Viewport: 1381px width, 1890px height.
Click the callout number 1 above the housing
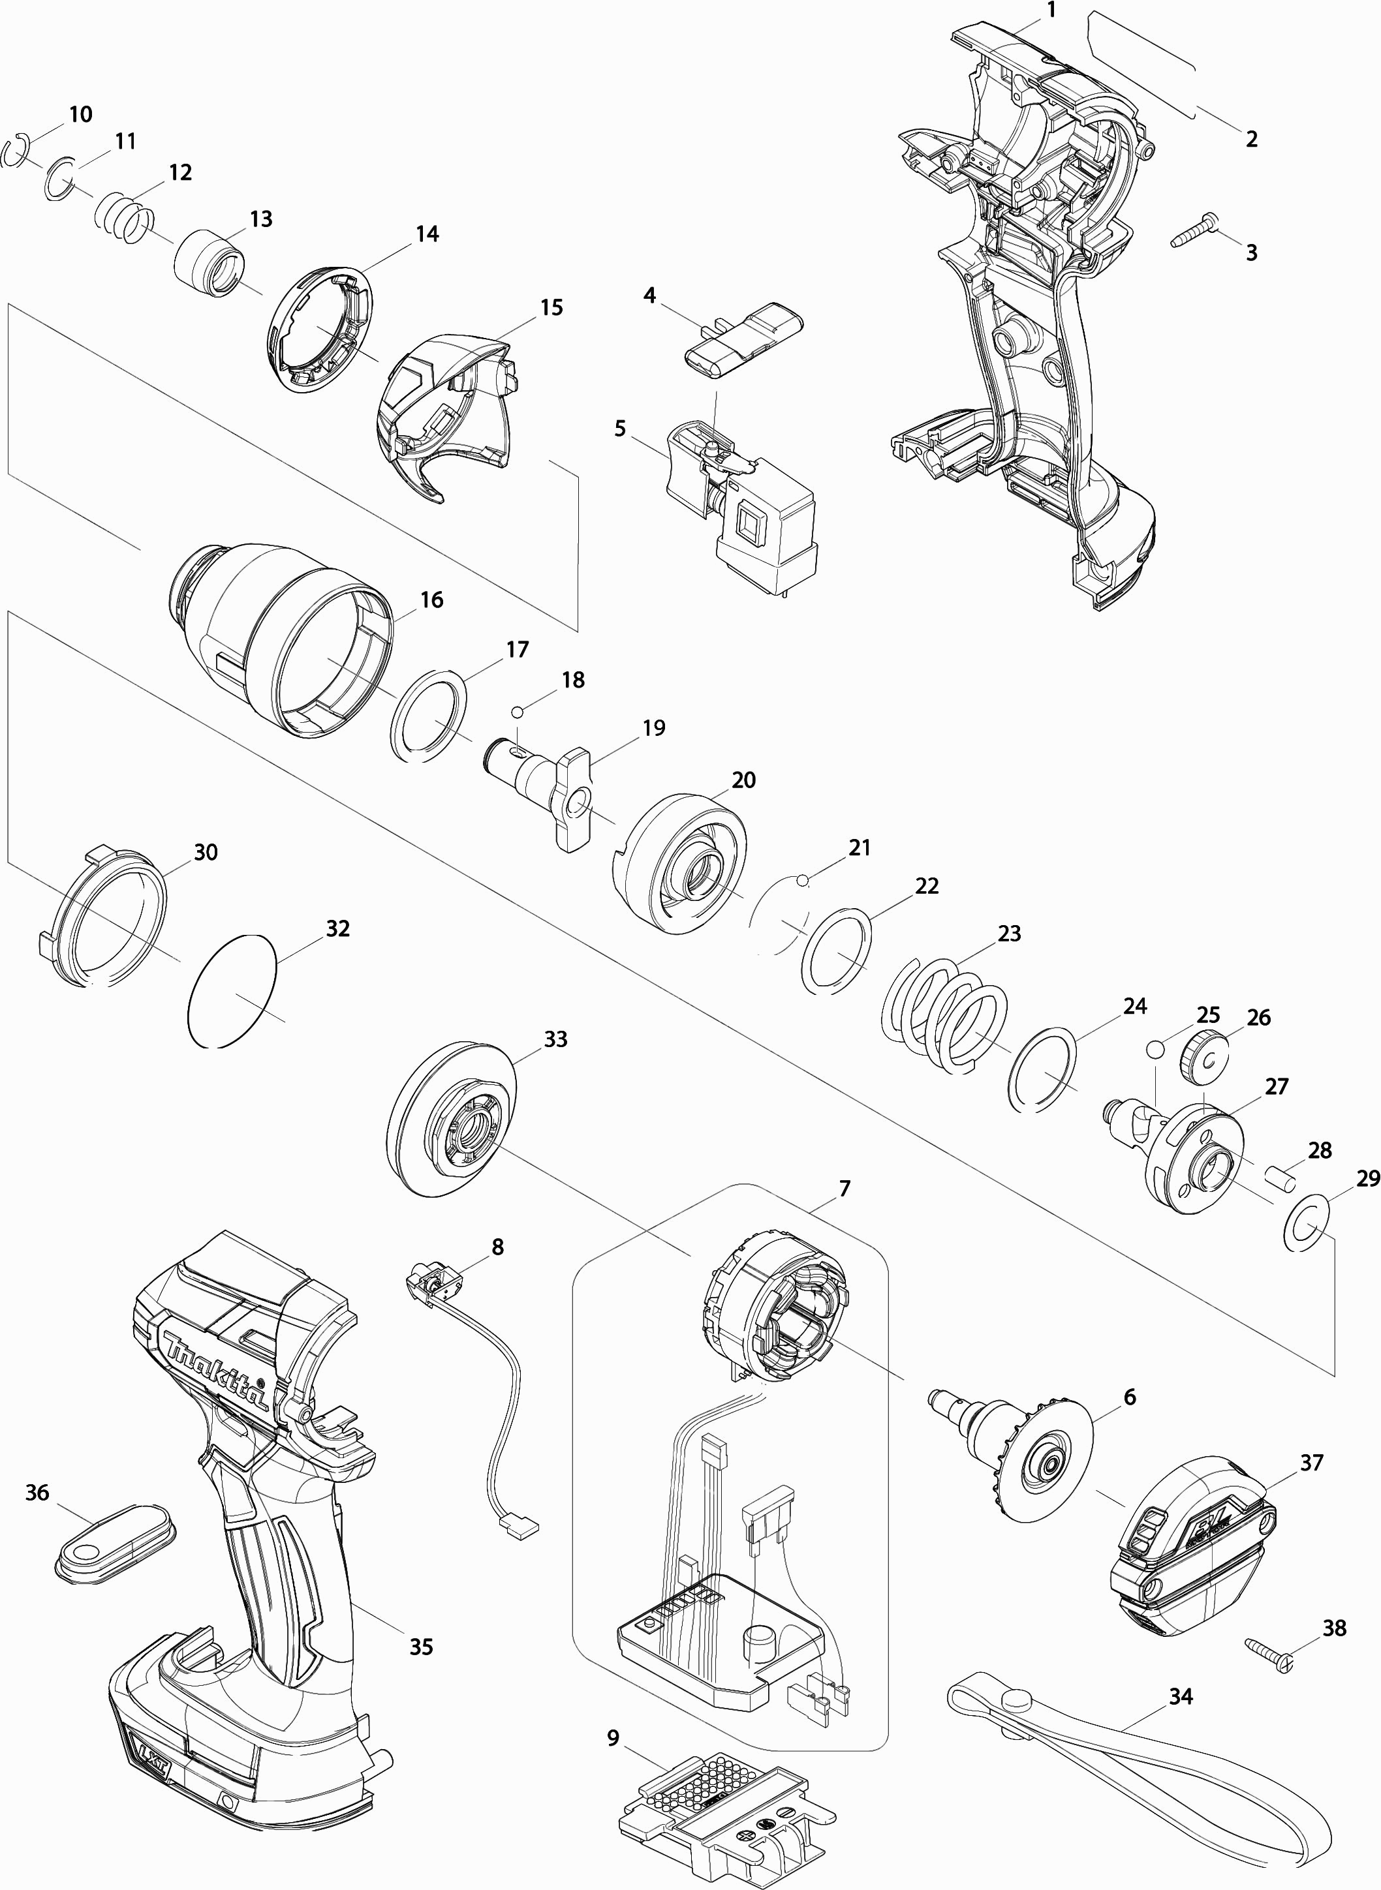[x=1051, y=11]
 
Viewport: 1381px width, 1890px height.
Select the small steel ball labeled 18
[x=518, y=711]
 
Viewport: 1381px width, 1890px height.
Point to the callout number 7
[x=845, y=1188]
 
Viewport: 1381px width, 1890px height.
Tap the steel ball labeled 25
[x=1155, y=1048]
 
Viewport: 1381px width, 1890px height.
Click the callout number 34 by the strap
[x=1181, y=1697]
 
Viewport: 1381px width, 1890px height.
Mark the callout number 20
[x=743, y=780]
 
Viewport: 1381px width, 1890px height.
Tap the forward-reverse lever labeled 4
[x=744, y=337]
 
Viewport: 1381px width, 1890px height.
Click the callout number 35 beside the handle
[x=420, y=1647]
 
